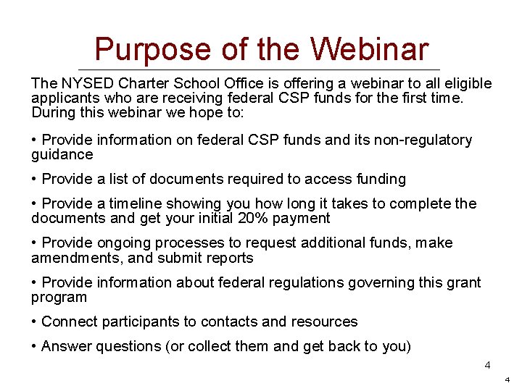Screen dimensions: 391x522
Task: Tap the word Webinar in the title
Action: (x=370, y=50)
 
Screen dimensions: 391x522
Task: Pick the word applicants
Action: (x=62, y=98)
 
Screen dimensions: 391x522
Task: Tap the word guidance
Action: (x=62, y=154)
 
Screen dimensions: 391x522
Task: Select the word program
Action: (x=59, y=297)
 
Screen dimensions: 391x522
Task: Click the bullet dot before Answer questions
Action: (x=35, y=346)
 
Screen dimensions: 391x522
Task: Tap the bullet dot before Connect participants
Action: (x=35, y=321)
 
